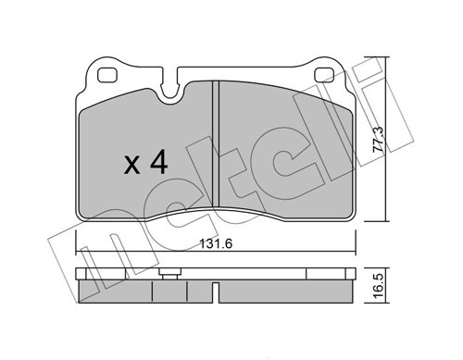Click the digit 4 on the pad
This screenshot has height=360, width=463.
[157, 165]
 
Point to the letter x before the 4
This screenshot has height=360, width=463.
[131, 168]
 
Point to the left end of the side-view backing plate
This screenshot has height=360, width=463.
[77, 276]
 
